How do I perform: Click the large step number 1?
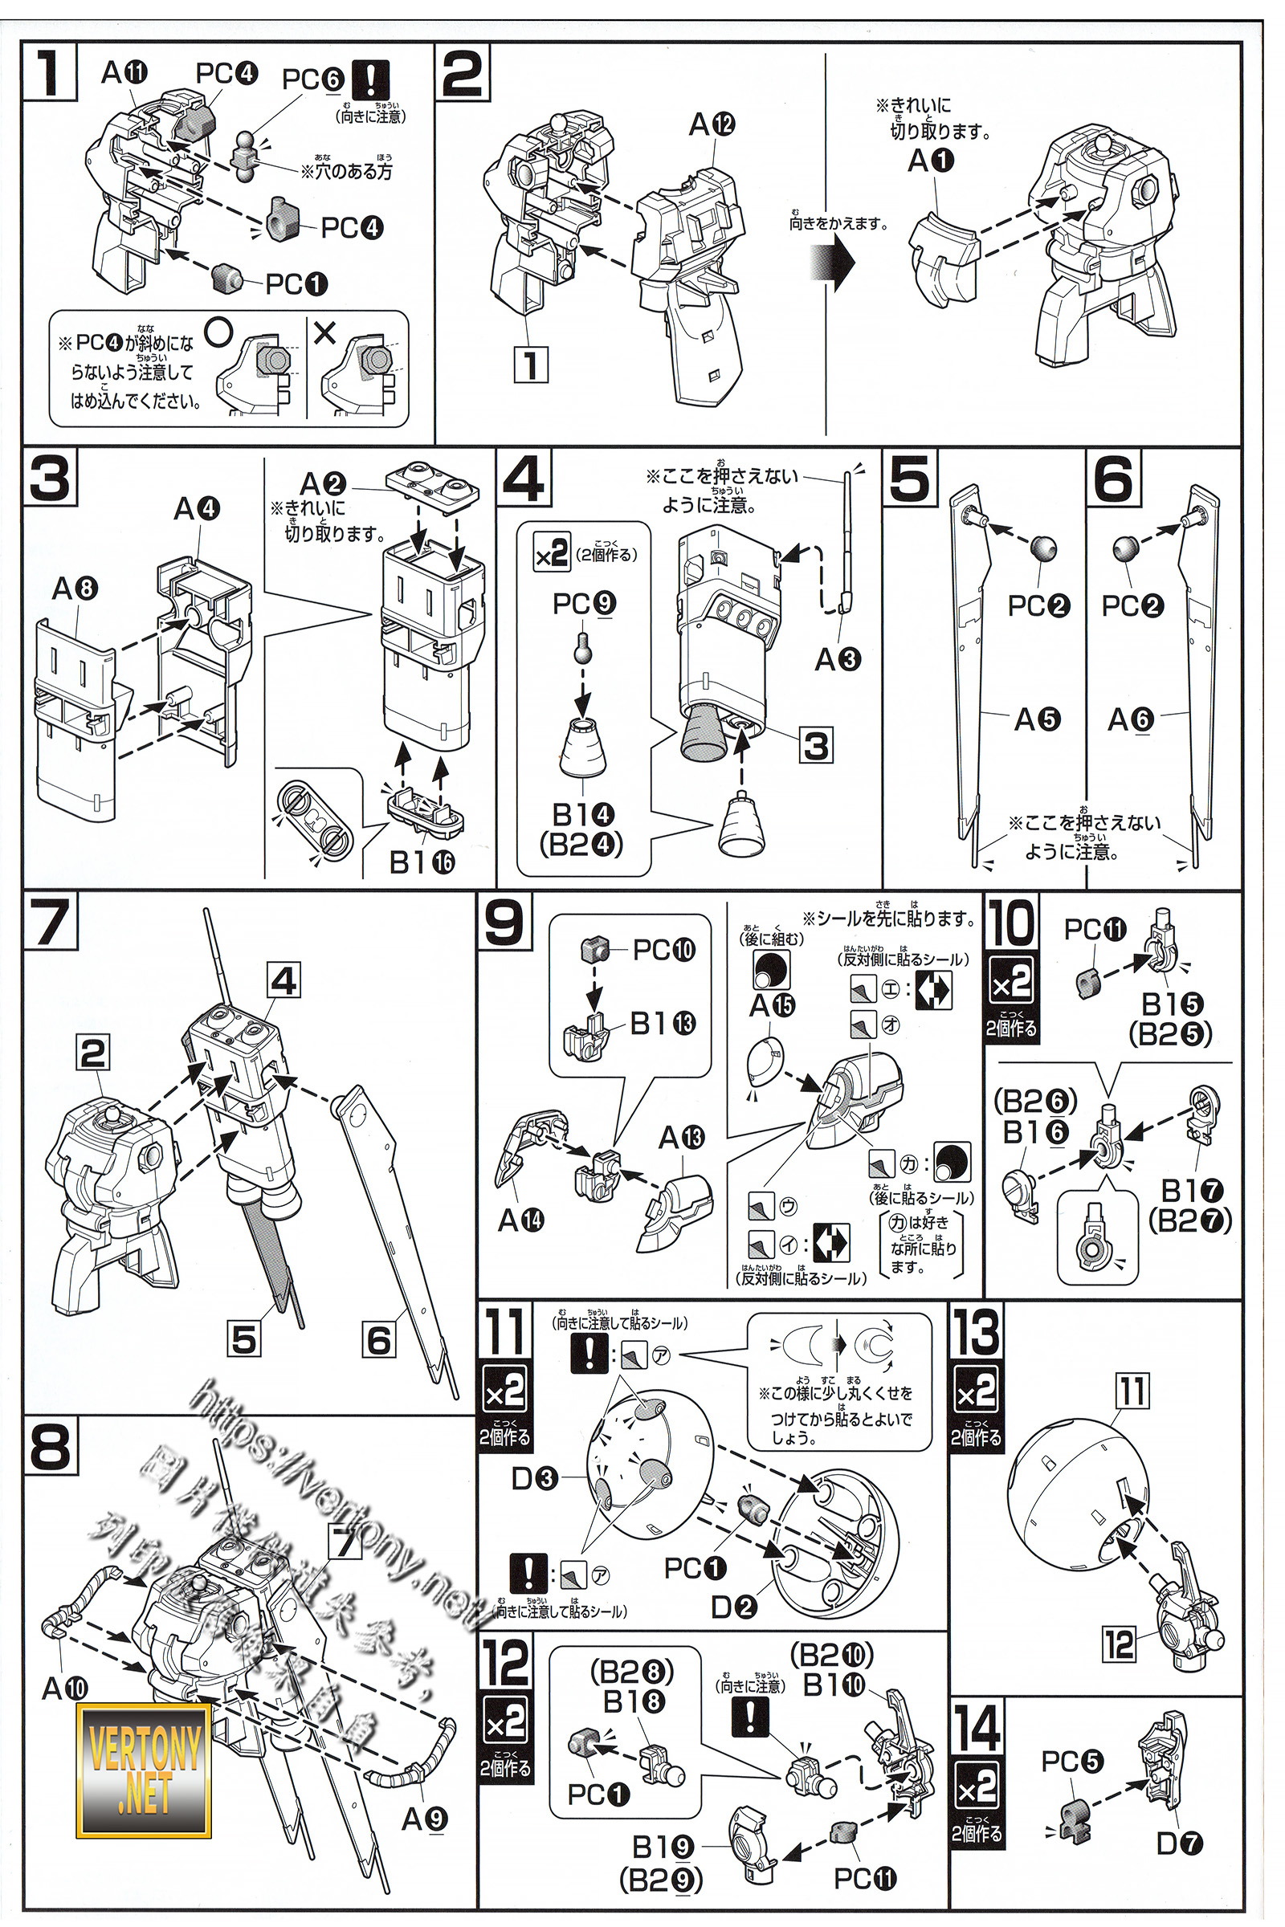click(49, 72)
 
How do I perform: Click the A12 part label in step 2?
click(712, 124)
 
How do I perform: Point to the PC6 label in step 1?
click(312, 79)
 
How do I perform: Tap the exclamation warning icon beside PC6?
click(370, 80)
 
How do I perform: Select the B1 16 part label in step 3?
click(421, 862)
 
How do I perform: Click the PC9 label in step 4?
click(584, 603)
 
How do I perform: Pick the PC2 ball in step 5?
click(1042, 548)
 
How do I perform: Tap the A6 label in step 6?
click(1130, 719)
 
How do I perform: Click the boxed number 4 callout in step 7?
click(284, 980)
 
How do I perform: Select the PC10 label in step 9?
click(664, 950)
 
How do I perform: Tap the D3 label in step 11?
click(534, 1478)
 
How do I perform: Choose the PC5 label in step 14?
click(1072, 1761)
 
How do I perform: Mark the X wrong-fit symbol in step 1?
click(324, 332)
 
